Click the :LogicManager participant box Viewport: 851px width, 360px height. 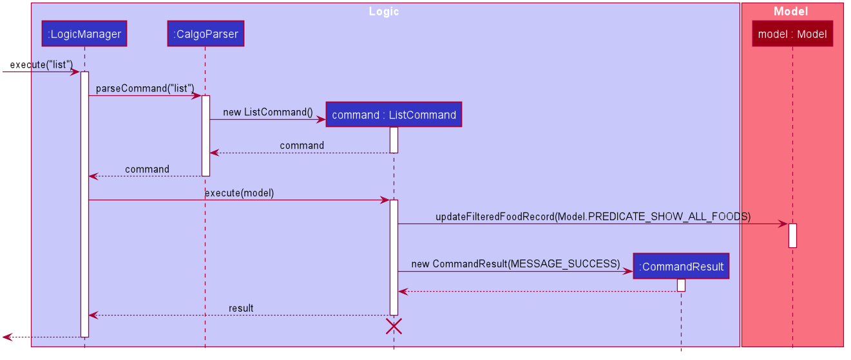pyautogui.click(x=84, y=33)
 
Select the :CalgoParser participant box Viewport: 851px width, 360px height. pyautogui.click(x=206, y=33)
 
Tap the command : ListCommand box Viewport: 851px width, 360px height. pyautogui.click(x=394, y=114)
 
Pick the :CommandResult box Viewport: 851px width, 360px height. pyautogui.click(x=681, y=266)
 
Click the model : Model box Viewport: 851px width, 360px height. pyautogui.click(x=792, y=33)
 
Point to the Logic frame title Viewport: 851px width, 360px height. pyautogui.click(x=384, y=12)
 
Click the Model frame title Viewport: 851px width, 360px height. pyautogui.click(x=791, y=12)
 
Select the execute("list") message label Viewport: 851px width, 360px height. pyautogui.click(x=41, y=64)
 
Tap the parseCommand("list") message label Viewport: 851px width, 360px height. pyautogui.click(x=145, y=88)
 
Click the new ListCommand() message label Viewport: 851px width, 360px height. pyautogui.click(x=268, y=112)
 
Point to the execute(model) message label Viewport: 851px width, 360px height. pyautogui.click(x=240, y=193)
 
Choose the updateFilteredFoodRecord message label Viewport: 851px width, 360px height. pyautogui.click(x=593, y=216)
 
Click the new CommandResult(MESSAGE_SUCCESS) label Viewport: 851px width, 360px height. pyautogui.click(x=515, y=263)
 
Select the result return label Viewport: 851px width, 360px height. pyautogui.click(x=241, y=308)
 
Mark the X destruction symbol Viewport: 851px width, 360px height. pyautogui.click(x=394, y=327)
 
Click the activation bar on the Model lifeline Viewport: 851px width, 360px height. pyautogui.click(x=792, y=236)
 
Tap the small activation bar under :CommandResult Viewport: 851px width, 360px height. pyautogui.click(x=681, y=285)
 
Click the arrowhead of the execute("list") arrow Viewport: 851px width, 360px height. pyautogui.click(x=75, y=71)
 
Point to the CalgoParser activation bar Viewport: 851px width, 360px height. pyautogui.click(x=206, y=136)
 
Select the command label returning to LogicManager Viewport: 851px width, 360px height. pyautogui.click(x=147, y=169)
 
